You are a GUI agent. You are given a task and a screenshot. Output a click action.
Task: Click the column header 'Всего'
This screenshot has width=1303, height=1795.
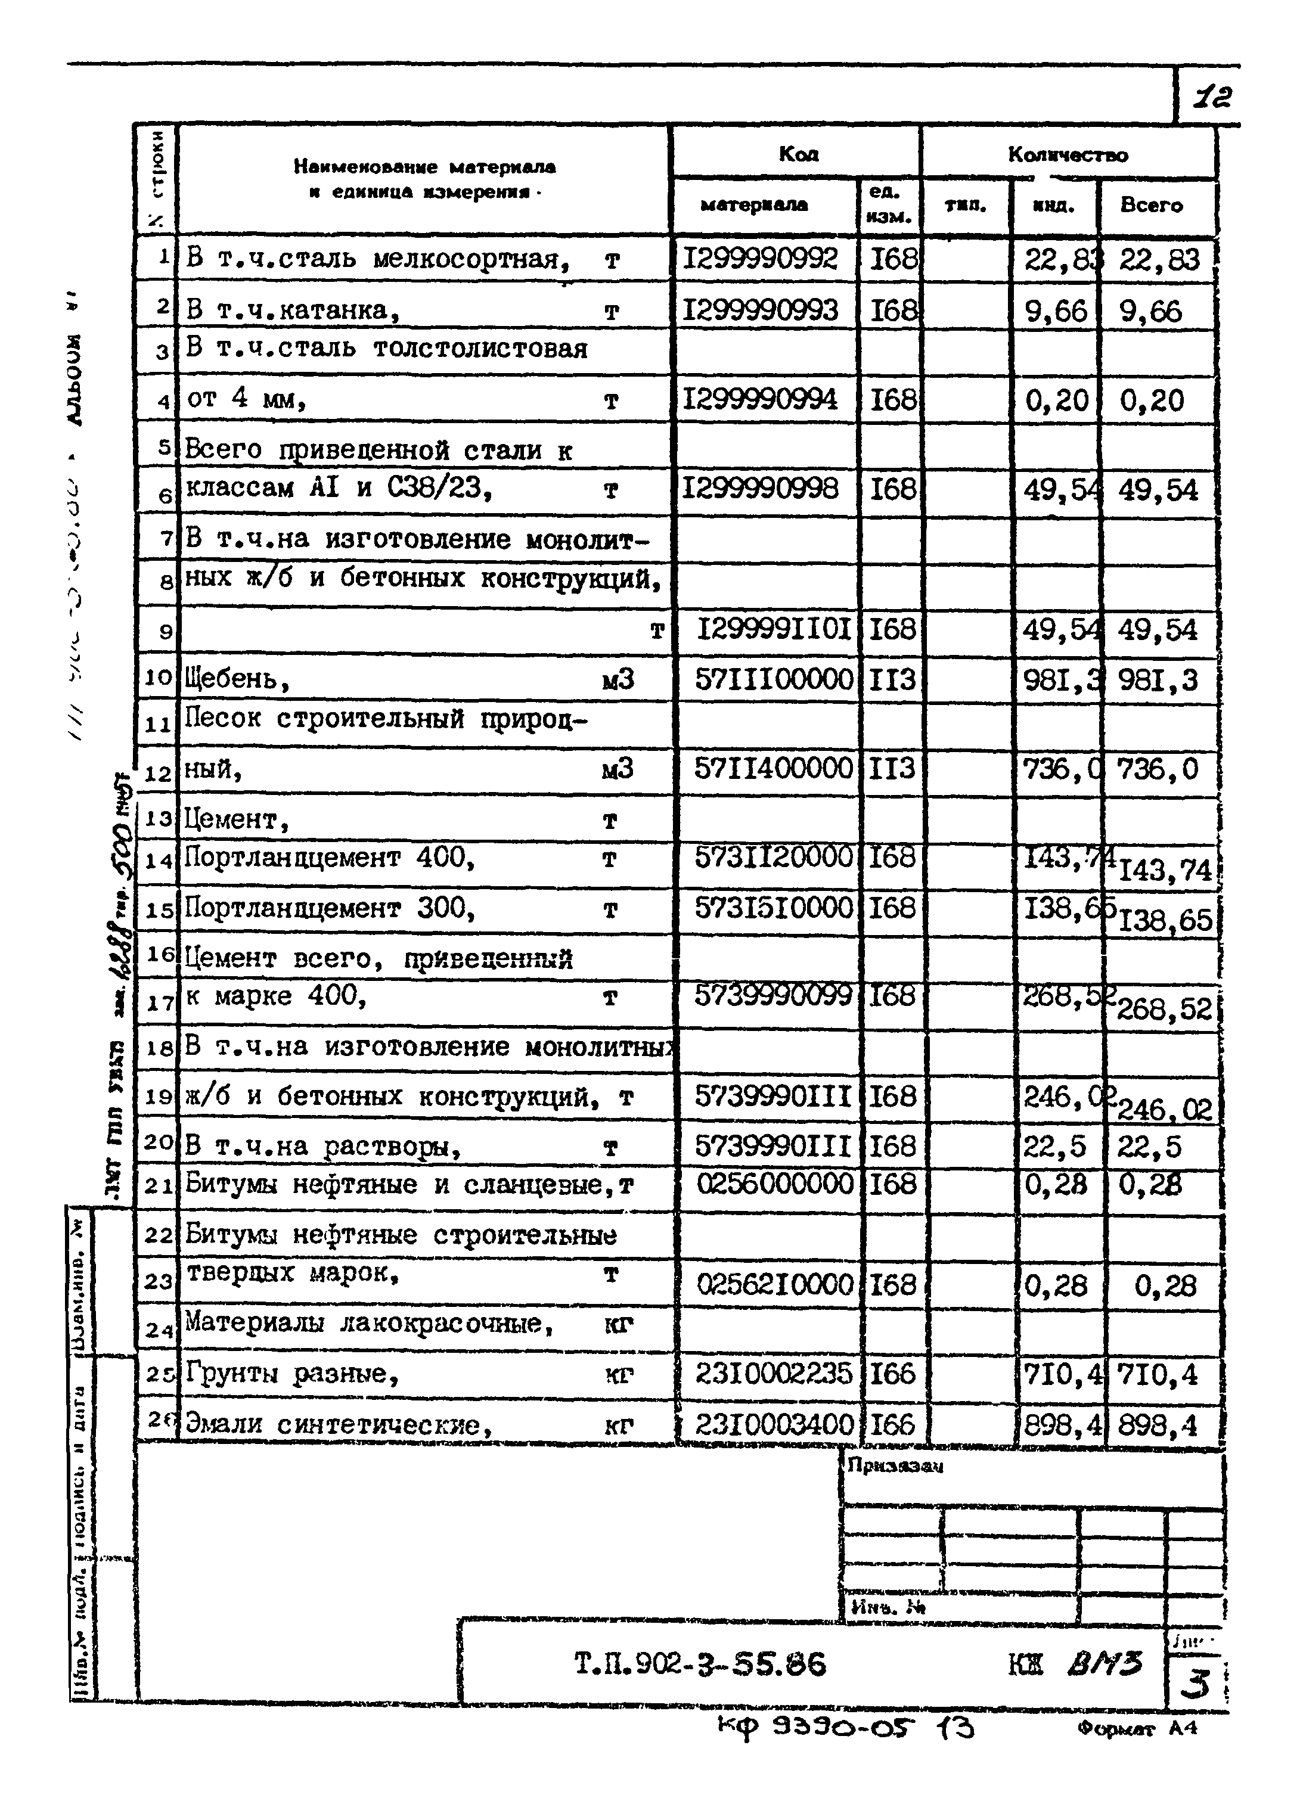pyautogui.click(x=1151, y=206)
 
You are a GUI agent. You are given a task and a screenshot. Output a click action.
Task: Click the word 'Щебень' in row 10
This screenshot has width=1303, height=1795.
pyautogui.click(x=230, y=679)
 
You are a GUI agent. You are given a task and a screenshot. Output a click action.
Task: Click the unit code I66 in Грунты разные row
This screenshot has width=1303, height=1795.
pyautogui.click(x=892, y=1373)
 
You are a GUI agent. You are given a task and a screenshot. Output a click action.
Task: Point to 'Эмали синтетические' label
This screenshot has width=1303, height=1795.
pyautogui.click(x=333, y=1424)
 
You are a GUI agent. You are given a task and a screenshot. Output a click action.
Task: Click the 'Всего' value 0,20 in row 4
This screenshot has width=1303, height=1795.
pyautogui.click(x=1151, y=401)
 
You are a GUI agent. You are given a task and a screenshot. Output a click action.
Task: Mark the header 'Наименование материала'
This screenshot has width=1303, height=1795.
pyautogui.click(x=424, y=167)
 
